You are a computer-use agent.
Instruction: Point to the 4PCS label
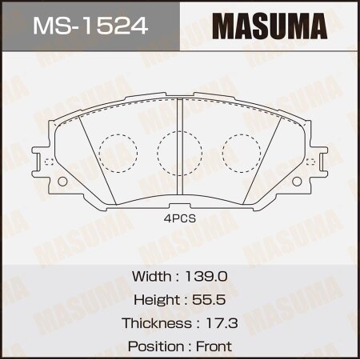point(181,215)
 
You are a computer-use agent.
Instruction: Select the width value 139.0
point(207,275)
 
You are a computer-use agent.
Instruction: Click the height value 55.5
point(210,299)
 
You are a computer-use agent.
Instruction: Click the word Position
point(154,346)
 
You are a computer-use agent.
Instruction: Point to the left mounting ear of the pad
point(44,161)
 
